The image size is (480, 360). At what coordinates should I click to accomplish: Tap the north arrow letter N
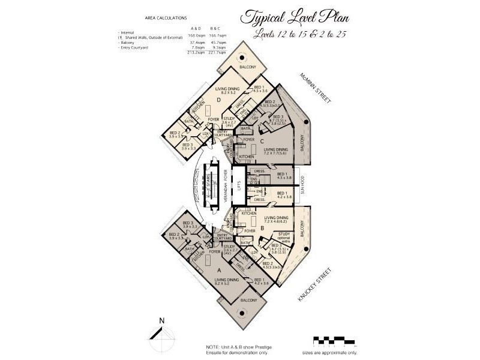(162, 320)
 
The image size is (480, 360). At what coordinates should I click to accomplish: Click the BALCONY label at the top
(247, 67)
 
